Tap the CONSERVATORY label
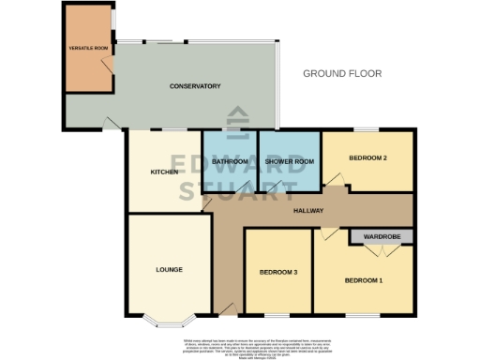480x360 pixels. tap(194, 86)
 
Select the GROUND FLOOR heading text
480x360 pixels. tap(342, 73)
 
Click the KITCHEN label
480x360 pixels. tap(164, 172)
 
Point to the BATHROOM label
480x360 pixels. tap(230, 162)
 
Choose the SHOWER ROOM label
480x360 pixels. tap(289, 162)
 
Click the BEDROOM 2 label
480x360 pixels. tap(367, 158)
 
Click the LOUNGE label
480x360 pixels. tap(169, 270)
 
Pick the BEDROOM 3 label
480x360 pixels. tap(278, 273)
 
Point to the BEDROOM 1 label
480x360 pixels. tap(363, 280)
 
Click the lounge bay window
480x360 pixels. tap(168, 322)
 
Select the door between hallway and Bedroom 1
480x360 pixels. tap(325, 232)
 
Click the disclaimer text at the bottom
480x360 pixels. tap(240, 345)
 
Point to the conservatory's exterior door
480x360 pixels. tap(112, 123)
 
